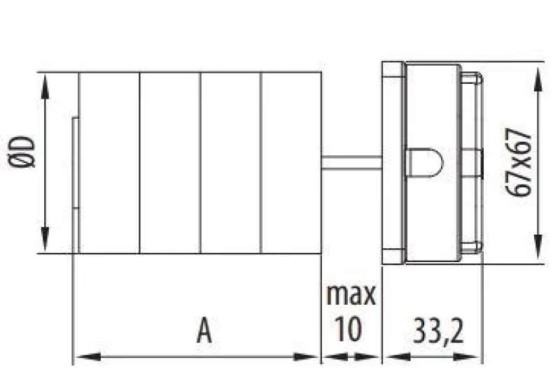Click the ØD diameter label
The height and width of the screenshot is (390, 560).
coord(22,152)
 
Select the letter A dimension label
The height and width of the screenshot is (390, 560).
coord(204,330)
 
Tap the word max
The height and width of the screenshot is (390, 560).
coord(351,294)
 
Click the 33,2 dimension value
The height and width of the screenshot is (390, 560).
coord(438,331)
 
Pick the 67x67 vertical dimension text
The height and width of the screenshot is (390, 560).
coord(519,162)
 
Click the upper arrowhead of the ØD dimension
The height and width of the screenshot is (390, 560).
coord(45,87)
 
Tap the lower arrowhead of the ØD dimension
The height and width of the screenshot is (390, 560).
coord(45,239)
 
